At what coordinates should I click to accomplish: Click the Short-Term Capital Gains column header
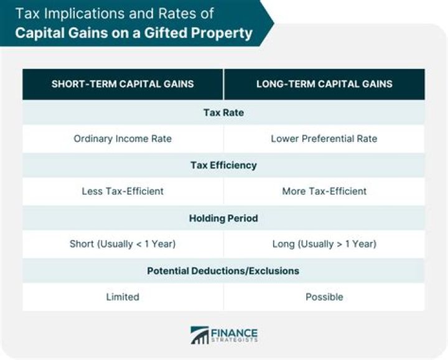(123, 84)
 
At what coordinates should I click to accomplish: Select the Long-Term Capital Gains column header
(324, 84)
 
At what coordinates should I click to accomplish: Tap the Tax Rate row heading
(223, 113)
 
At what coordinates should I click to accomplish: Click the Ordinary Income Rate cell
(123, 139)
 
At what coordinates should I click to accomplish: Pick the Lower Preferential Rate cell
(324, 139)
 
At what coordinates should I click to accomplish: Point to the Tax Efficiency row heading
(223, 165)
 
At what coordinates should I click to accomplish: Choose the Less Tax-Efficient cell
(123, 191)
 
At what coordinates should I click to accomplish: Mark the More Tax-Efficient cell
(324, 191)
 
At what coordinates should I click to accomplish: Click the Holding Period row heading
(223, 218)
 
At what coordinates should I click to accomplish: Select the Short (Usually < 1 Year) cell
(123, 244)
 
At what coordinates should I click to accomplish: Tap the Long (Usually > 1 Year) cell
(324, 244)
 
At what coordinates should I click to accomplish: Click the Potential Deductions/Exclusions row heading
(223, 271)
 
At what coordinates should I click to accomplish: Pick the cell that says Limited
(123, 297)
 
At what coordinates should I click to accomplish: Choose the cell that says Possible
(324, 297)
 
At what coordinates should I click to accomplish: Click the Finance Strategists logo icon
(199, 335)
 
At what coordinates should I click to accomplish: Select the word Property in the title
(220, 32)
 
